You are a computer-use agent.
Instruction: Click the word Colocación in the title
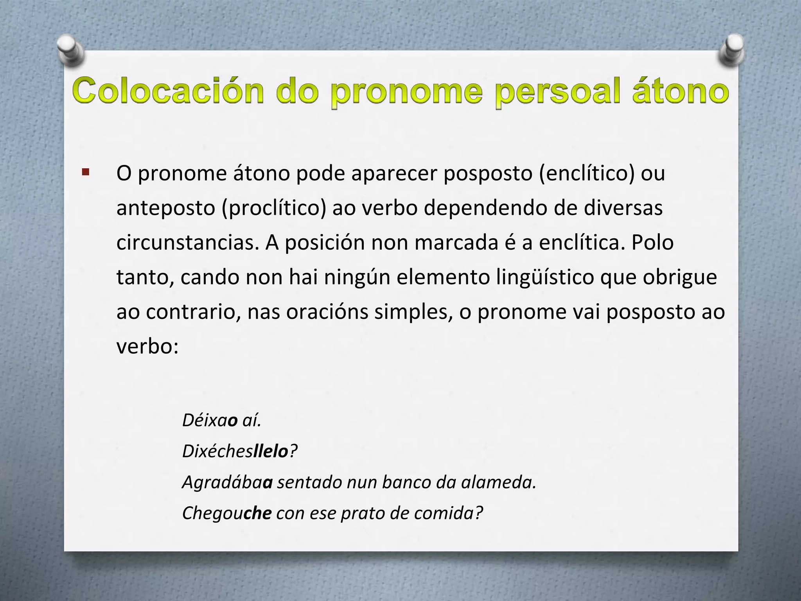click(x=168, y=92)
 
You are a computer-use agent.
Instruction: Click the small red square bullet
click(x=86, y=172)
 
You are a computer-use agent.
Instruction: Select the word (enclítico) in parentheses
click(x=586, y=173)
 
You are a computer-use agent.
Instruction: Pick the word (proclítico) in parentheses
click(x=274, y=208)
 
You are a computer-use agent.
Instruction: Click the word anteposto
click(x=166, y=208)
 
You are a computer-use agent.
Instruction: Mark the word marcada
click(x=456, y=243)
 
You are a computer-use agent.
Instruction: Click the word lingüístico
click(x=545, y=277)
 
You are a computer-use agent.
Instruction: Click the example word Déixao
click(x=210, y=421)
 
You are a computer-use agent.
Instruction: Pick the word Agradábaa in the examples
click(x=227, y=482)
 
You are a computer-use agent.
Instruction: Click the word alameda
click(x=499, y=482)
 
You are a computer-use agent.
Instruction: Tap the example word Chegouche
click(x=227, y=513)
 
